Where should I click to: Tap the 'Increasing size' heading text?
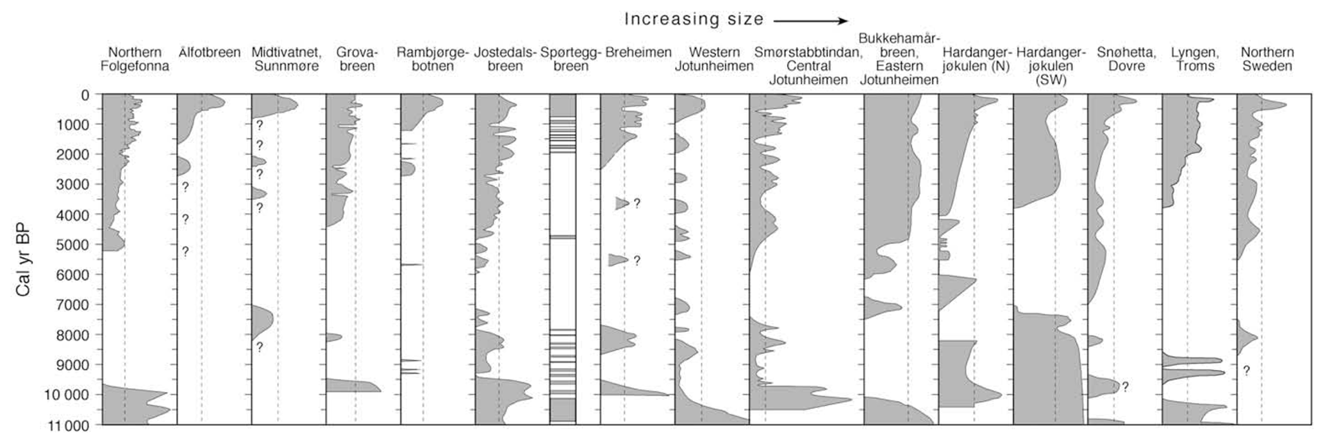pyautogui.click(x=694, y=19)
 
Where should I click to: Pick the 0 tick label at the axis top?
pyautogui.click(x=86, y=95)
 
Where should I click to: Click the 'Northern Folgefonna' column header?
pyautogui.click(x=135, y=59)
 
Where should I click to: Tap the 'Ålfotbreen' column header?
pyautogui.click(x=210, y=53)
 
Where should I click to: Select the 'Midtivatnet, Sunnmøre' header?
pyautogui.click(x=287, y=59)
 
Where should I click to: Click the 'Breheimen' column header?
pyautogui.click(x=638, y=53)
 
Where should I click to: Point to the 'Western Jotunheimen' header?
pyautogui.click(x=714, y=59)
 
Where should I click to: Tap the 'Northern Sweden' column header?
pyautogui.click(x=1267, y=59)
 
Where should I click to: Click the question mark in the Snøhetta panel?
pyautogui.click(x=1125, y=387)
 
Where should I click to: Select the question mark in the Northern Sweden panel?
pyautogui.click(x=1247, y=371)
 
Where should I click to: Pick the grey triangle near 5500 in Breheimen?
pyautogui.click(x=618, y=260)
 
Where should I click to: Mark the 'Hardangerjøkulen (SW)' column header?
pyautogui.click(x=1051, y=66)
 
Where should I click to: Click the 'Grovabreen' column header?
pyautogui.click(x=357, y=59)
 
